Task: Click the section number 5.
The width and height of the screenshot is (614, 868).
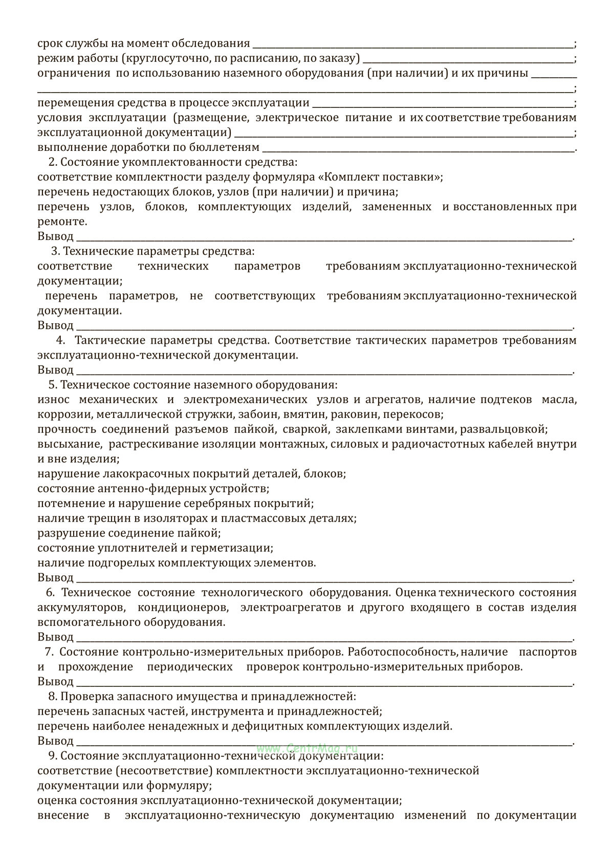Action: click(x=51, y=385)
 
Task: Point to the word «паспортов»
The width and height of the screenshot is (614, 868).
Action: click(x=548, y=652)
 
